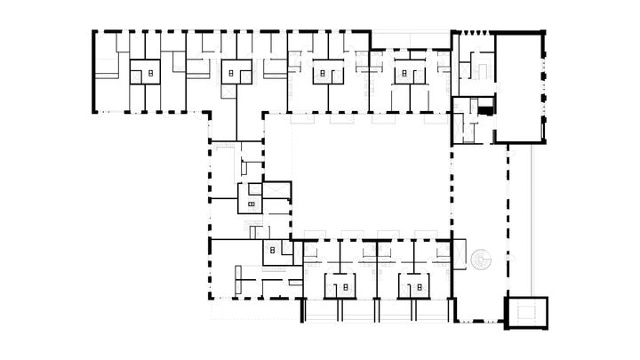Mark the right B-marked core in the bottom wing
coord(414,287)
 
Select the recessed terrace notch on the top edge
coord(410,41)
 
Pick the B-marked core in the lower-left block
coord(272,252)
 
